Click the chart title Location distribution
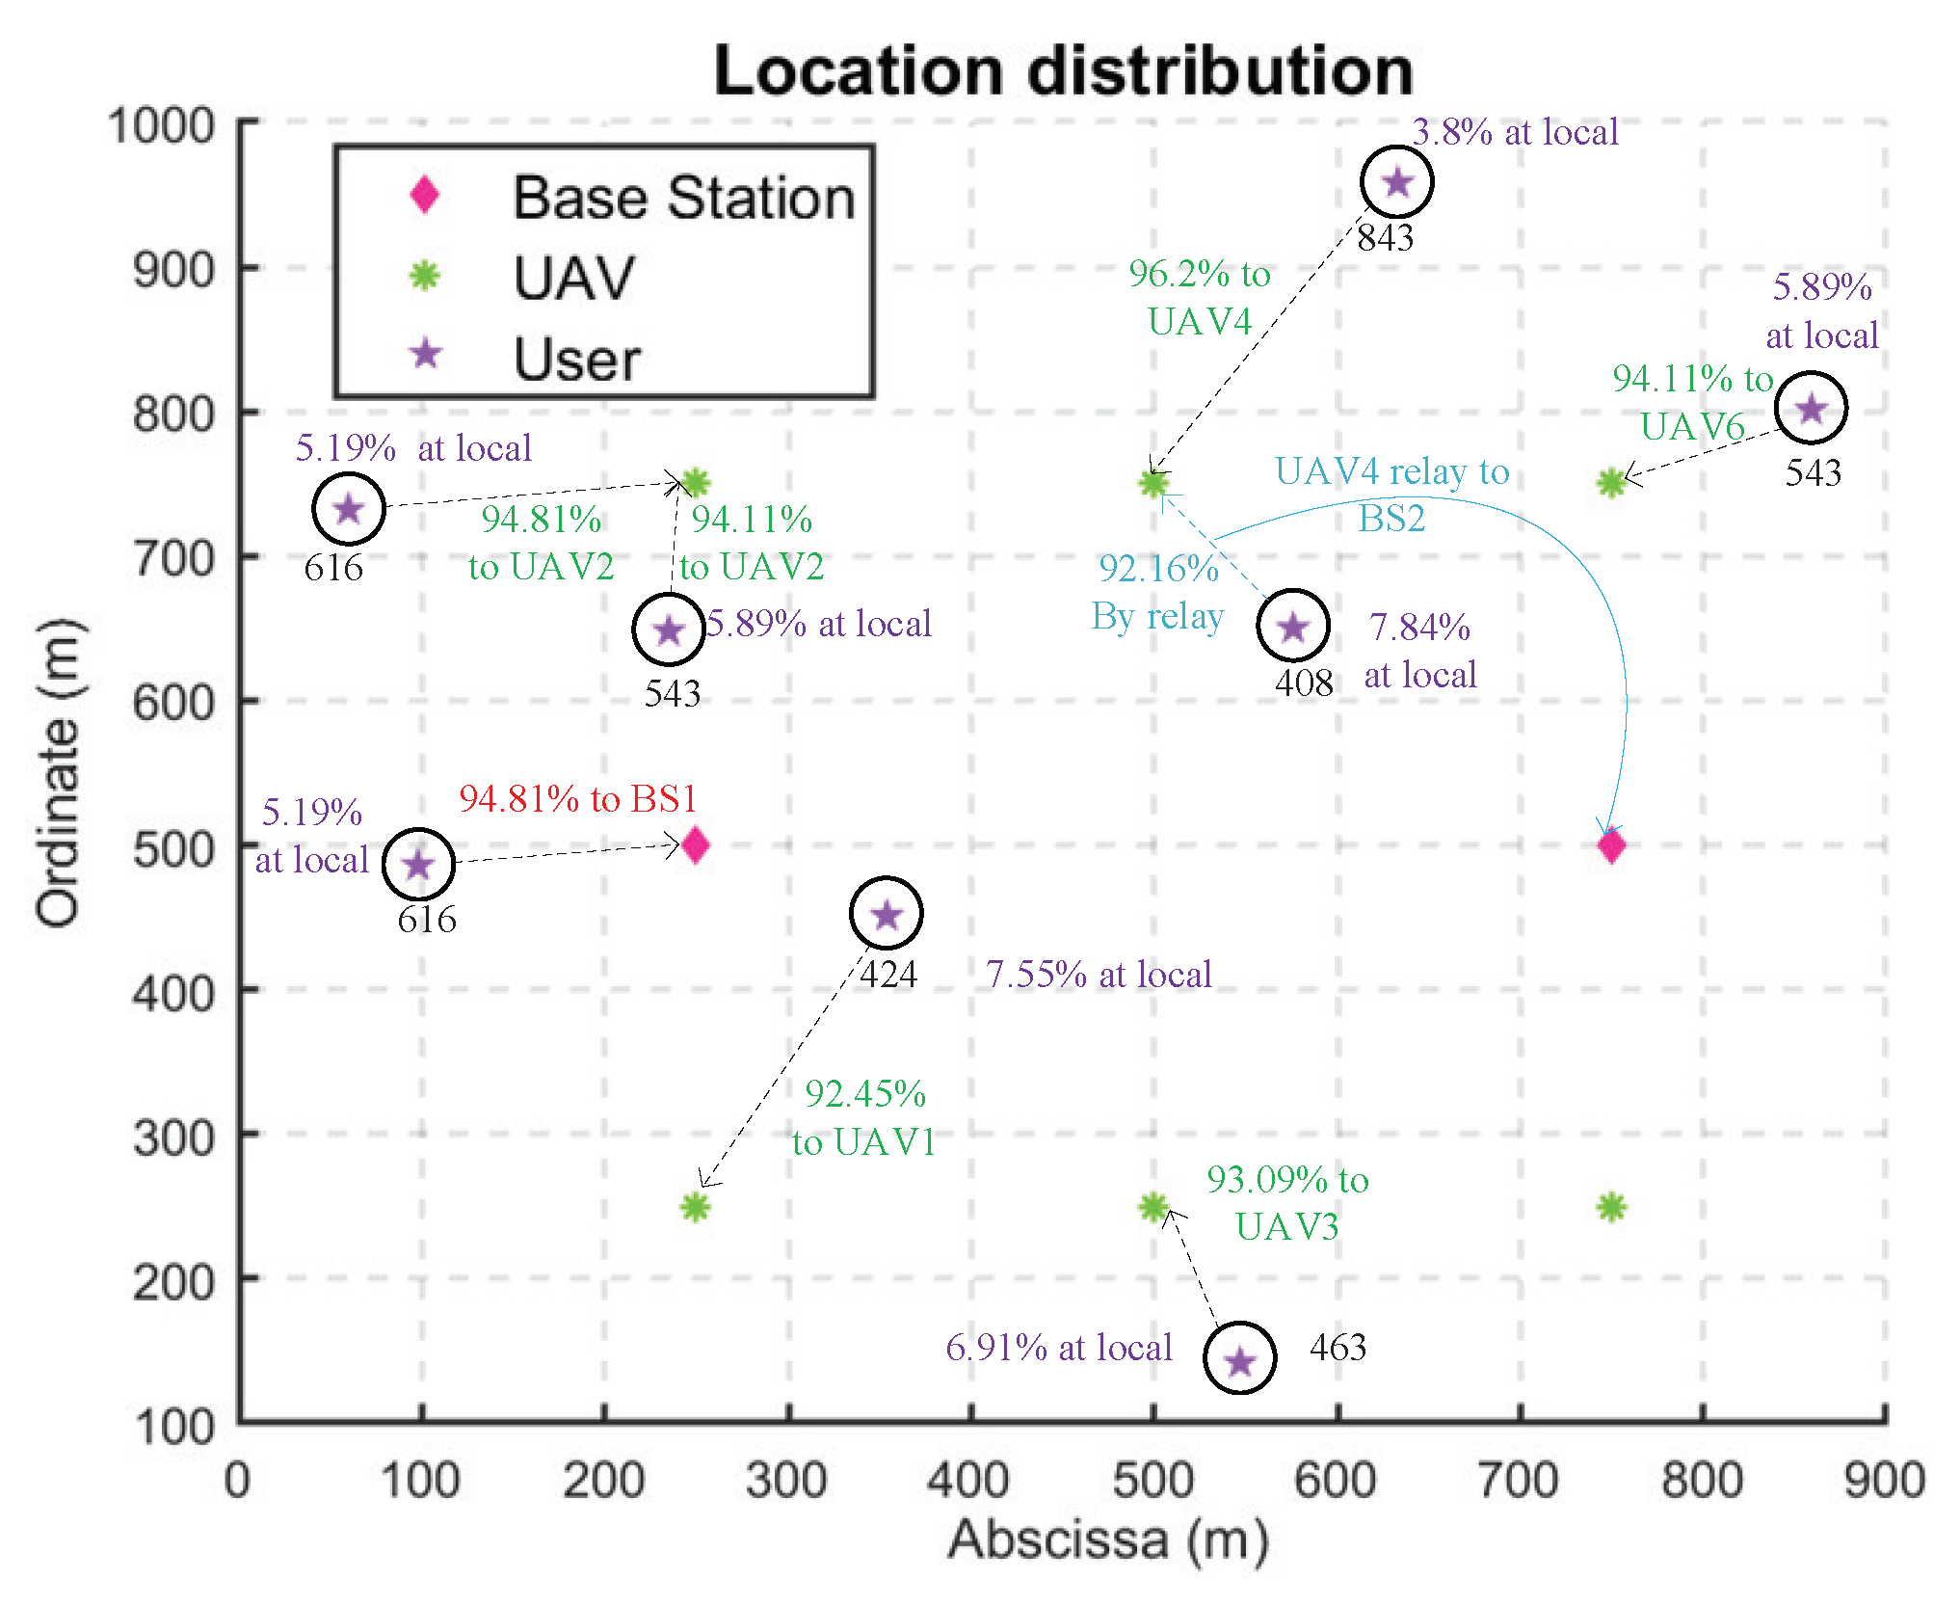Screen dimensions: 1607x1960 point(1063,71)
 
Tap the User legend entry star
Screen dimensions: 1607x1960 point(426,355)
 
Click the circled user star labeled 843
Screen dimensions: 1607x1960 point(1397,181)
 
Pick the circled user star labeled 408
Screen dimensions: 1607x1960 point(1293,627)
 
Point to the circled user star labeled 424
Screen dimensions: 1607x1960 point(887,914)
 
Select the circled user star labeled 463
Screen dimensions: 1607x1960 point(1240,1360)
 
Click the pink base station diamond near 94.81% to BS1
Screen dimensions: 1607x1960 point(695,845)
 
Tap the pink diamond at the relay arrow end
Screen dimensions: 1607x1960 point(1611,845)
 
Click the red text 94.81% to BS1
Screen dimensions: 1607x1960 point(577,799)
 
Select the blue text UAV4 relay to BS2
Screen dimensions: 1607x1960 point(1391,495)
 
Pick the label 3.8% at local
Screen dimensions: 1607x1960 point(1515,132)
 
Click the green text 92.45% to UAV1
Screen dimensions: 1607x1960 point(864,1118)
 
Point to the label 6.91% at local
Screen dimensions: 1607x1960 point(1058,1348)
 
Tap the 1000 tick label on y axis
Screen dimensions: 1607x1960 point(161,126)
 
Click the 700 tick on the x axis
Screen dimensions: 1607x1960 point(1519,1480)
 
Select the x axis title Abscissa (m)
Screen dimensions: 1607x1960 point(1108,1540)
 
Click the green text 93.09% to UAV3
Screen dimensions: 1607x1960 point(1287,1203)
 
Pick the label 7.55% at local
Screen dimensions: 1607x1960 point(1099,975)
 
